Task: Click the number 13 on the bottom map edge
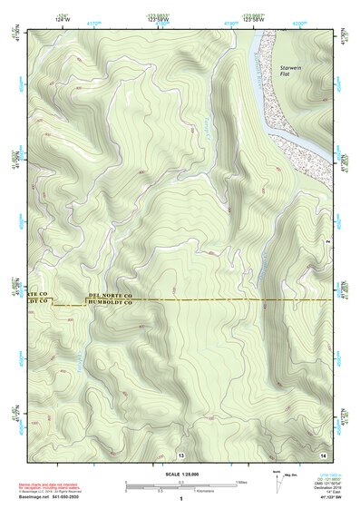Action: pos(181,454)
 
